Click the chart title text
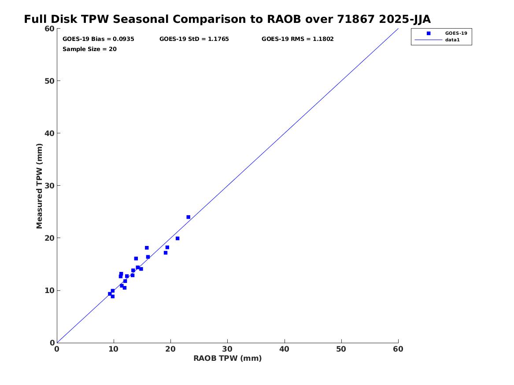227,19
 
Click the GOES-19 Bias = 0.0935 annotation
98,39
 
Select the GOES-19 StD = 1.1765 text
194,39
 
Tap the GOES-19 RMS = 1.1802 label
297,39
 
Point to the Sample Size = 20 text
89,49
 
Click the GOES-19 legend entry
456,33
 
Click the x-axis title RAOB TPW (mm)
227,358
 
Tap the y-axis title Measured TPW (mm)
40,186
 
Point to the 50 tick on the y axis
49,81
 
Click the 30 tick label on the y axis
49,186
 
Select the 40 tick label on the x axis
285,349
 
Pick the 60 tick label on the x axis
398,349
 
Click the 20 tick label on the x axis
170,349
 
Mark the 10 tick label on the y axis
49,290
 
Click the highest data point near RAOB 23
188,217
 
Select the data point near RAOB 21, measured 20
177,238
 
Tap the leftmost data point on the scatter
110,294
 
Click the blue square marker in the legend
428,33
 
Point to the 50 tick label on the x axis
341,349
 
